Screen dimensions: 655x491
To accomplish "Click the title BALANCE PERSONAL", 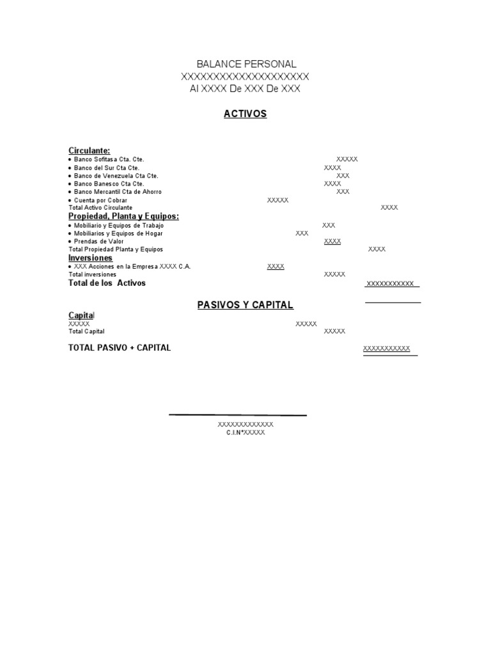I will (246, 64).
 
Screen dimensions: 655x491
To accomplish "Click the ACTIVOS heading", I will (245, 114).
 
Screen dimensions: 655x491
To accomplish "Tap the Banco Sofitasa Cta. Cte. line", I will (109, 159).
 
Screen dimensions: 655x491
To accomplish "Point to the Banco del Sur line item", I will (106, 168).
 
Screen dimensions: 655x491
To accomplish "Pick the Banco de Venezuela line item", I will (116, 176).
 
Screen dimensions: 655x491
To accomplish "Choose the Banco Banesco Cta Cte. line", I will (109, 184).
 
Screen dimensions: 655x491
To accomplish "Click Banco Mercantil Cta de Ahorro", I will (118, 192).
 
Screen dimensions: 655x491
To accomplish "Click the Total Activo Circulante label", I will (100, 208).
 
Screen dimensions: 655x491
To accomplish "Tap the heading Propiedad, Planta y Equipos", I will (123, 216).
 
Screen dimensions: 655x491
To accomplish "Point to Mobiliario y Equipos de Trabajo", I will (119, 225).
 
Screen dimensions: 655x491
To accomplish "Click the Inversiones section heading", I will (90, 258).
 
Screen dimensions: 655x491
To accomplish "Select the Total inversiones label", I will (93, 274).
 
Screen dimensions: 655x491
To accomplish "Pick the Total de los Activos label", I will (107, 283).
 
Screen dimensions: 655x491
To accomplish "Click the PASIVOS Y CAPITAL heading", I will (245, 305).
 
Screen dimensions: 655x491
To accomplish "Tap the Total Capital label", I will (86, 331).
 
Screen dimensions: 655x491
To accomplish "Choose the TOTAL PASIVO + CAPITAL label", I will (120, 348).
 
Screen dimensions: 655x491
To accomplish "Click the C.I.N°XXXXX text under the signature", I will (245, 432).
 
